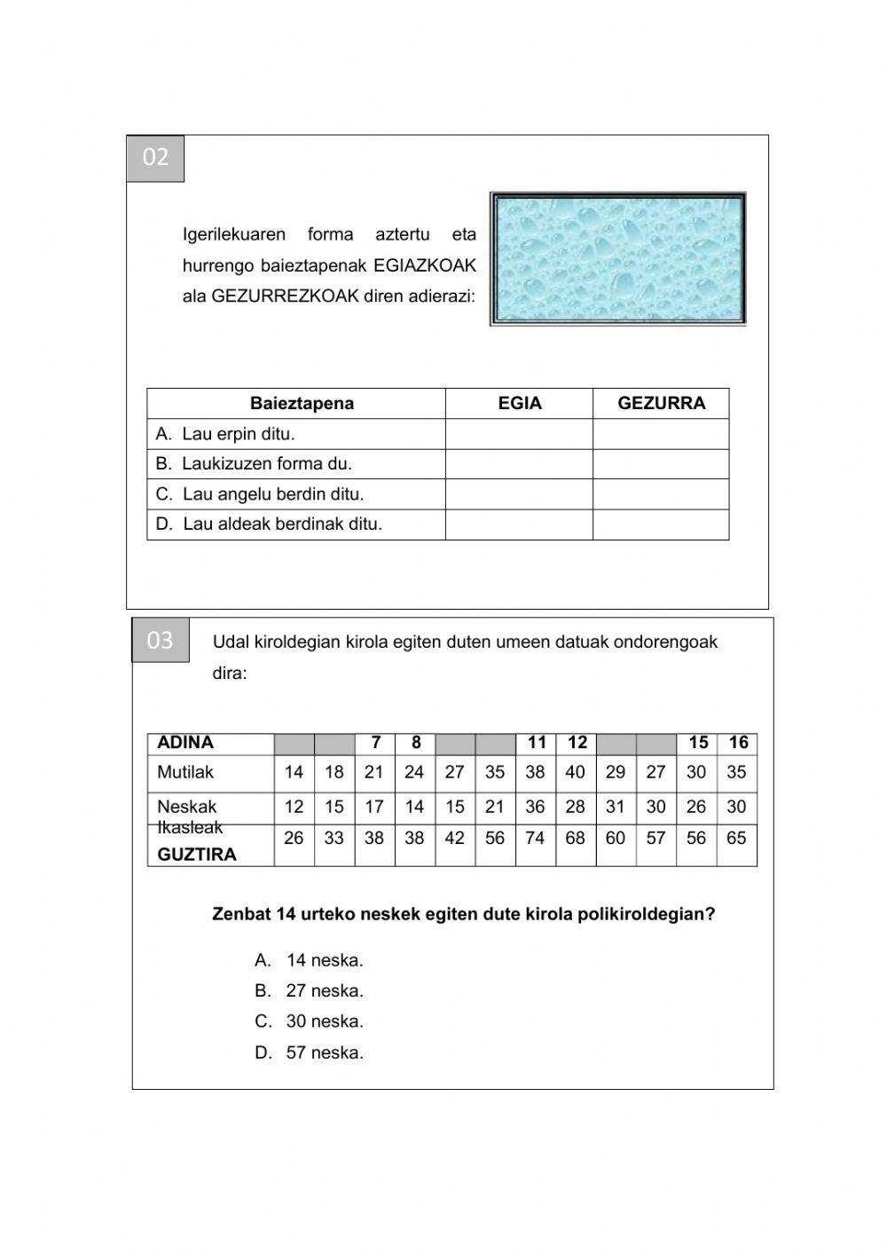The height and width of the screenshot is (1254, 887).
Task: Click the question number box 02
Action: [155, 158]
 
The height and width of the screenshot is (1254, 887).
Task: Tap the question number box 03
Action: [161, 640]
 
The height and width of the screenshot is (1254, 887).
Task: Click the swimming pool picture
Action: [617, 259]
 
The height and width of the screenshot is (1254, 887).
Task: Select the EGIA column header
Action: [519, 404]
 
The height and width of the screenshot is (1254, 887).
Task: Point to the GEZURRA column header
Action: [661, 404]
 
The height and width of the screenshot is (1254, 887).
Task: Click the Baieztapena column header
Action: [302, 404]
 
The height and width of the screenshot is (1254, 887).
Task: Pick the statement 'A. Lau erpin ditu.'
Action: [225, 434]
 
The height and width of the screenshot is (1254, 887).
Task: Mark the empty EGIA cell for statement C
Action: [519, 494]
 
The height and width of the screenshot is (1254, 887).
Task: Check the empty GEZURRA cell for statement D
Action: [661, 524]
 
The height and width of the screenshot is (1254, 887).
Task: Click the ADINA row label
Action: [185, 743]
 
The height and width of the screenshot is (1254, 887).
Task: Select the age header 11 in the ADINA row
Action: [536, 743]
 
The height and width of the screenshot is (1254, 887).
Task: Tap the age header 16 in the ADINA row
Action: [738, 743]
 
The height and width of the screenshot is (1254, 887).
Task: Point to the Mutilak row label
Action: [185, 772]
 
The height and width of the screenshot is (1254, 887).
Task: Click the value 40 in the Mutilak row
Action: [576, 772]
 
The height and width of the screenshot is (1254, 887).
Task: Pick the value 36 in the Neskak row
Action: [535, 807]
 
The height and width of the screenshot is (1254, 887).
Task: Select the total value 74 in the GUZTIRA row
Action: [535, 838]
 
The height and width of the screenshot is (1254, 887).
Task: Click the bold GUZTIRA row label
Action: [197, 855]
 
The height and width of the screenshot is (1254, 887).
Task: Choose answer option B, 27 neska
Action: [310, 990]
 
